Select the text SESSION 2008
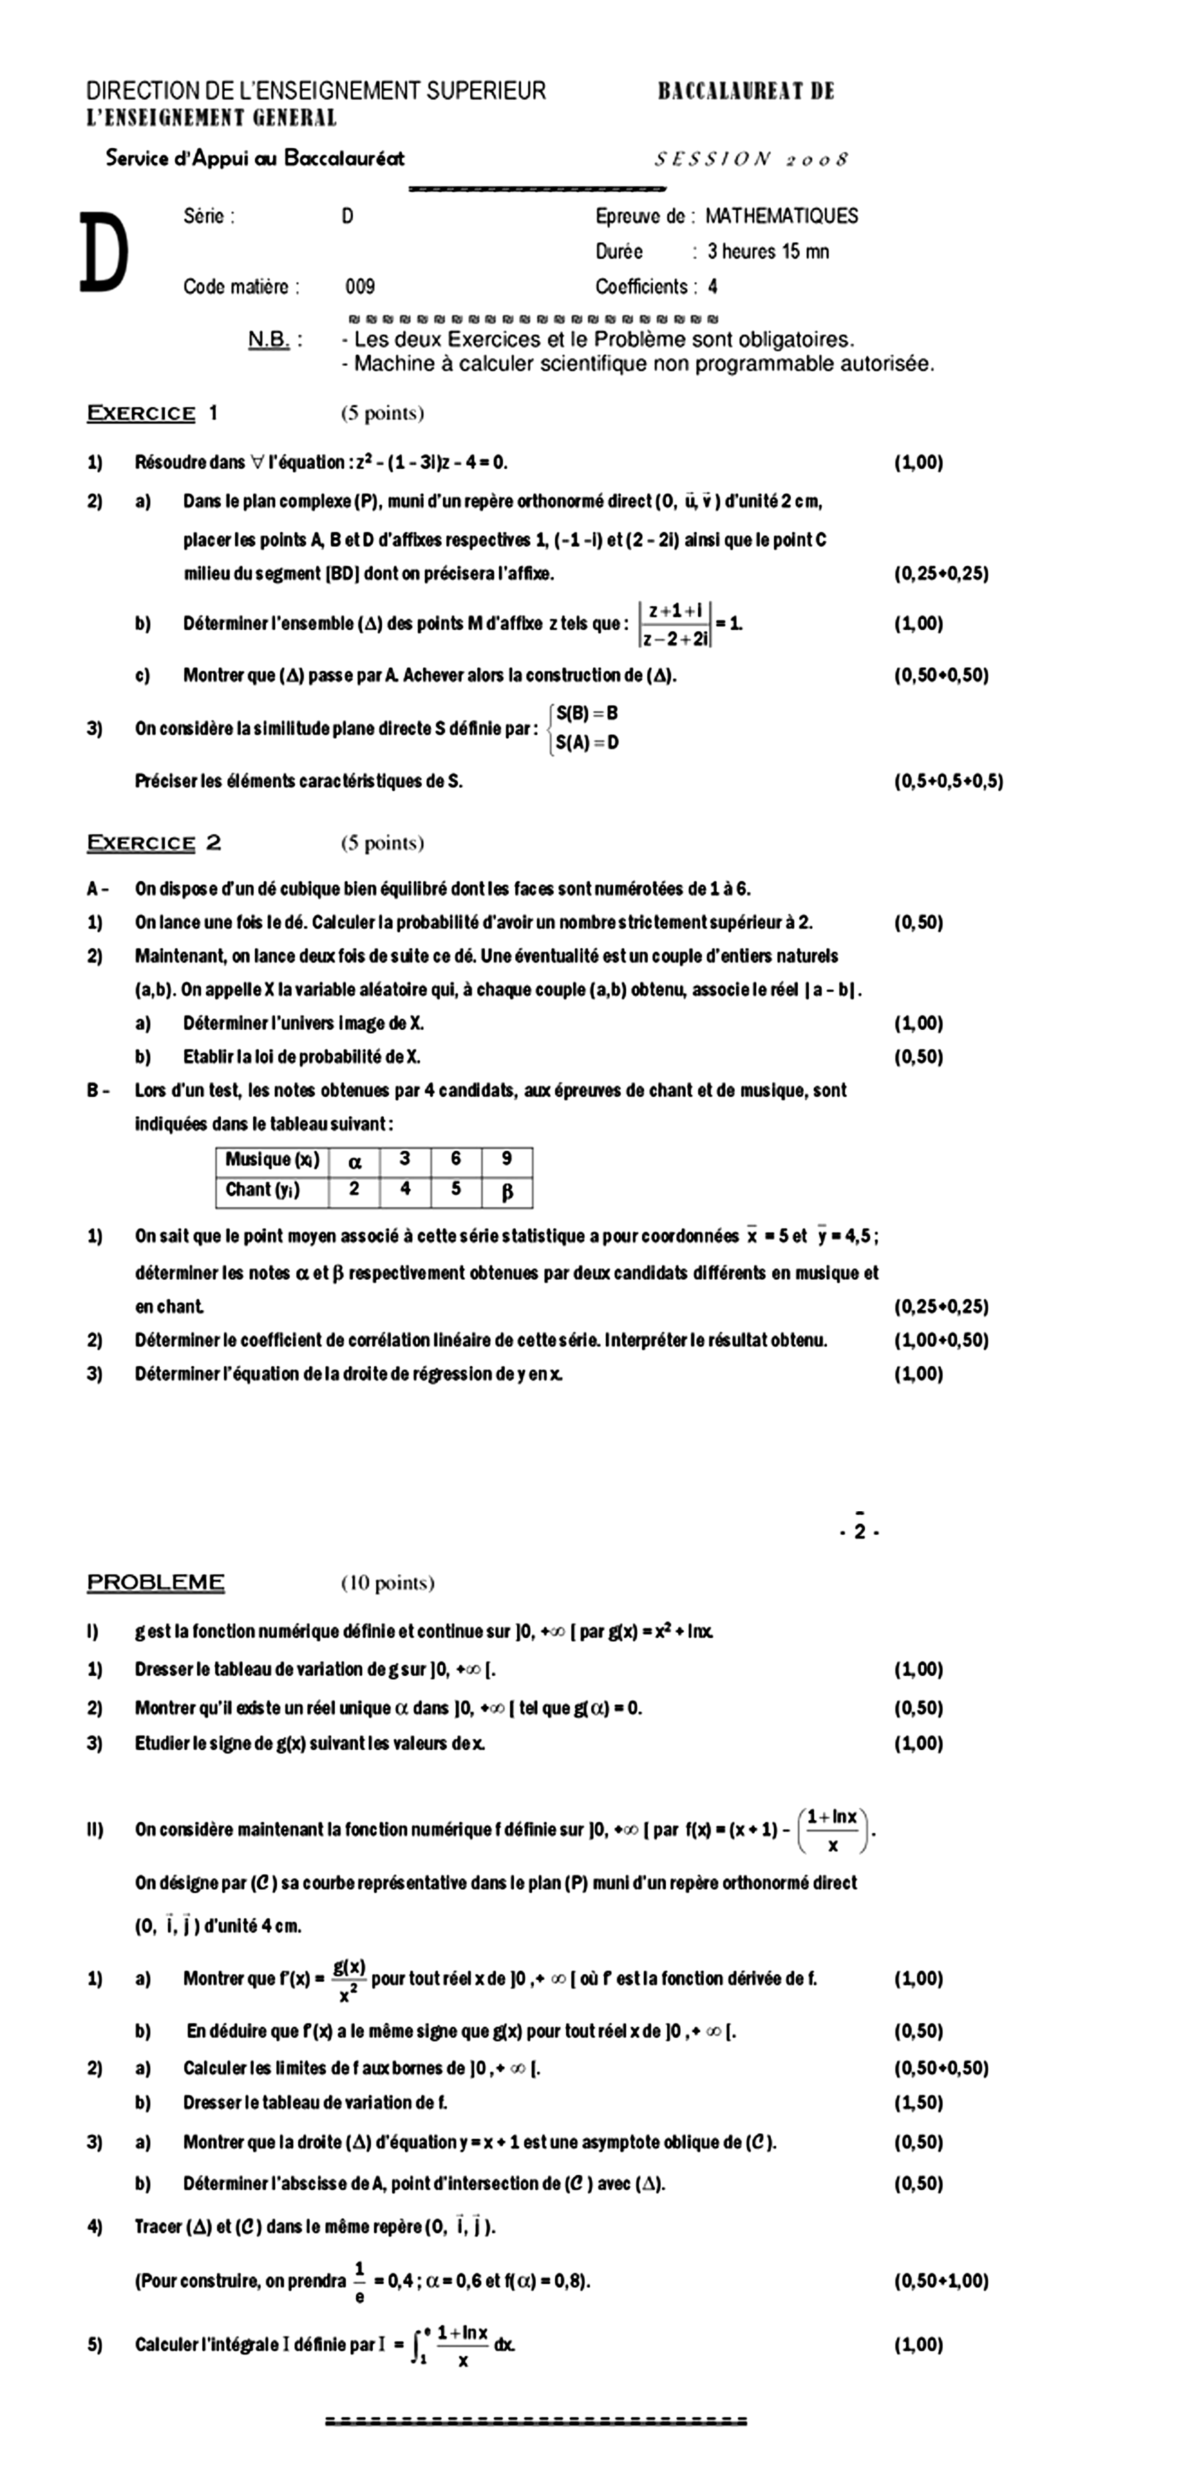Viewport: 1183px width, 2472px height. click(751, 159)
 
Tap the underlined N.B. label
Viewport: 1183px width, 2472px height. click(269, 340)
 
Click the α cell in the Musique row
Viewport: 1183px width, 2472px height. click(354, 1161)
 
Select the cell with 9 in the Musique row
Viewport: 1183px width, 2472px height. click(507, 1159)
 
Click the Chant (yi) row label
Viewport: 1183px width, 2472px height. click(262, 1190)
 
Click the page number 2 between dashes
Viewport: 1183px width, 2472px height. click(860, 1532)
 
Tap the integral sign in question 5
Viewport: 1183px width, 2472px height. click(415, 2344)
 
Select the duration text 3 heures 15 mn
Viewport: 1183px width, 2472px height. click(768, 252)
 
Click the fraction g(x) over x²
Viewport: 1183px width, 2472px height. click(349, 1978)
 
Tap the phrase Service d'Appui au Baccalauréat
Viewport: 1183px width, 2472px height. click(254, 158)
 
